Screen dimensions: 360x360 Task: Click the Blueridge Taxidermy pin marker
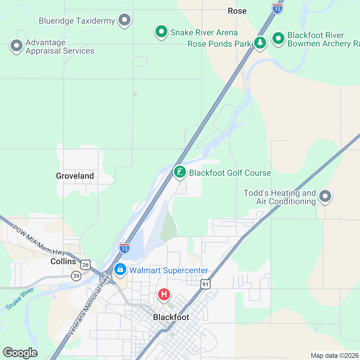point(124,20)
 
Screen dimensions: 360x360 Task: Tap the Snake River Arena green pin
point(161,31)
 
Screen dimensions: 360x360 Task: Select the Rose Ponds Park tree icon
point(260,43)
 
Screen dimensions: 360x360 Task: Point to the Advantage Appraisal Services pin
point(16,46)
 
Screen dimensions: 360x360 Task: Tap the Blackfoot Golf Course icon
point(180,172)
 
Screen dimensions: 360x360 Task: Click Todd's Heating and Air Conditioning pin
point(325,196)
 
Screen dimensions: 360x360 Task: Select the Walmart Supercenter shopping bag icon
point(120,269)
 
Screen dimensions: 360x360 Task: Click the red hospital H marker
point(164,294)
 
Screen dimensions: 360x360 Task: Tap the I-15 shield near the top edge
point(277,8)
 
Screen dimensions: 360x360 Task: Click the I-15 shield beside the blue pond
point(124,248)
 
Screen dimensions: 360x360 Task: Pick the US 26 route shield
point(85,265)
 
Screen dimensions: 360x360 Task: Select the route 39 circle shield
point(76,276)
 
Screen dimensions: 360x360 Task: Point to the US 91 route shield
point(205,284)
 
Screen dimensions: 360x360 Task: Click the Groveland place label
point(75,176)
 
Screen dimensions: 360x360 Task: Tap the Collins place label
point(63,261)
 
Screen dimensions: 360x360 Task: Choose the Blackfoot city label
point(171,317)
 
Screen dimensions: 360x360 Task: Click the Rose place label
point(237,11)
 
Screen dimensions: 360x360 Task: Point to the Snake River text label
point(20,298)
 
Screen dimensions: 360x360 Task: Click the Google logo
point(20,353)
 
